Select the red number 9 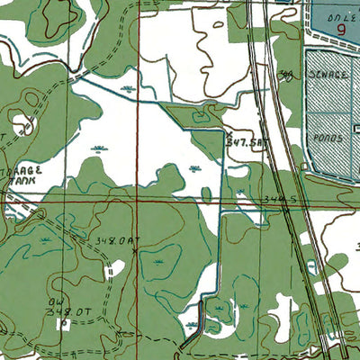(342, 29)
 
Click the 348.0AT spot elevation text (114, 240)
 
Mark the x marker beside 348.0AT (135, 251)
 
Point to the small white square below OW (63, 322)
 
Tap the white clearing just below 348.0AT (115, 268)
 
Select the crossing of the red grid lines (137, 203)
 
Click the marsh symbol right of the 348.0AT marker (158, 261)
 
